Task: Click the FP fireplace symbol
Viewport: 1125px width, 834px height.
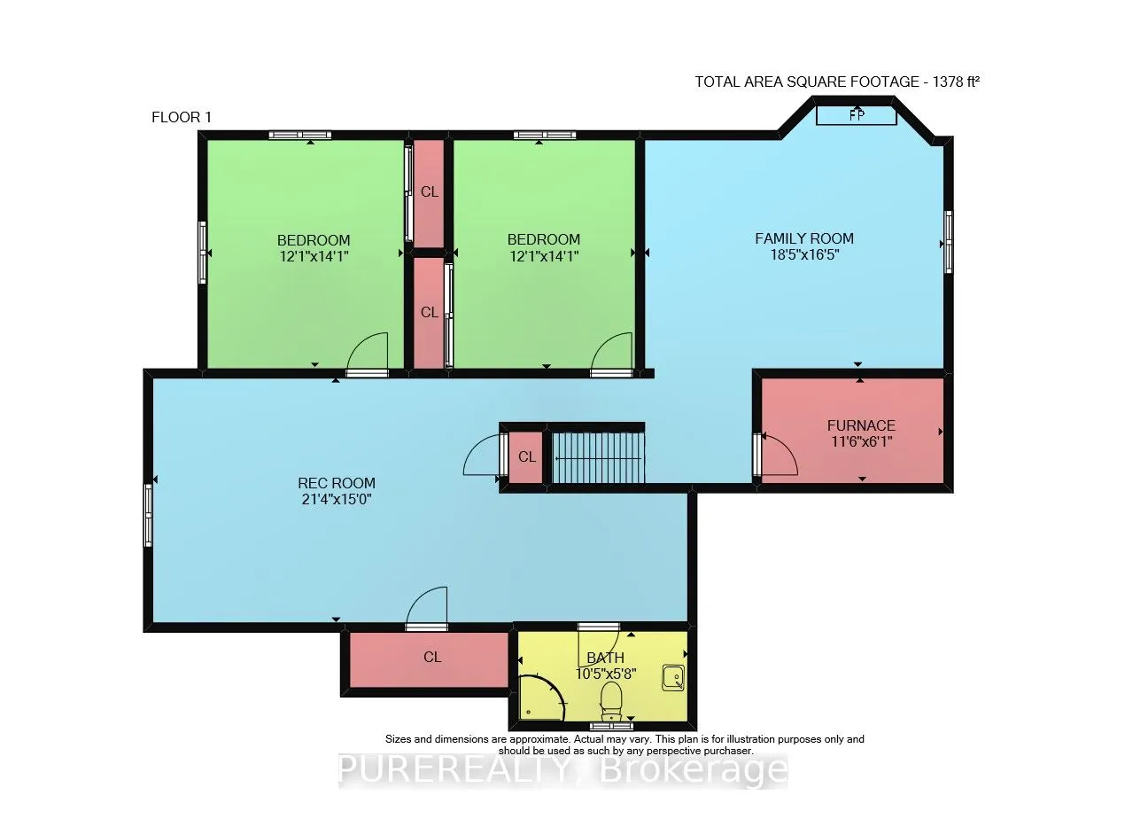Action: [856, 115]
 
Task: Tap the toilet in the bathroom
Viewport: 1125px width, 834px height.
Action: [611, 700]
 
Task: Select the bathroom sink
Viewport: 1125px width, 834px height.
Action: [673, 678]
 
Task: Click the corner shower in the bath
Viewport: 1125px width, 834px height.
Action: [539, 699]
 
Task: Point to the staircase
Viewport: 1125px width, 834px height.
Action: [598, 458]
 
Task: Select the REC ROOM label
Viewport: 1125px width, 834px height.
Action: [336, 483]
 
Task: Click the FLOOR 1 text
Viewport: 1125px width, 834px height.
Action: [182, 117]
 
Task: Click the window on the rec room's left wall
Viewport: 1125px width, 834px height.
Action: [149, 514]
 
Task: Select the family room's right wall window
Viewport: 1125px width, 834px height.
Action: [948, 241]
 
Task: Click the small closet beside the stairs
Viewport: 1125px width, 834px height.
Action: [527, 457]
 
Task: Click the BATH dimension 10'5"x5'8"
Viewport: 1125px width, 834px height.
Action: [606, 673]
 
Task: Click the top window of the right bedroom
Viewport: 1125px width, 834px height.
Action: [544, 135]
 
